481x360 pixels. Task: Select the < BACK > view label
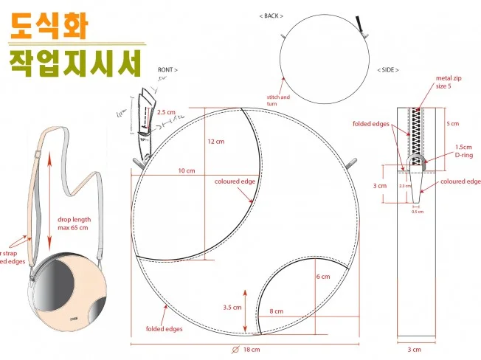click(272, 15)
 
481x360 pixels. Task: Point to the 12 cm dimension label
click(215, 141)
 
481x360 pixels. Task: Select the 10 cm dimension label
click(186, 170)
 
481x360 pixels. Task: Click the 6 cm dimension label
click(323, 276)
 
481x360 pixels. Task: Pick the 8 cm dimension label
click(276, 312)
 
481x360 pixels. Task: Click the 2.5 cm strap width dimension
click(166, 112)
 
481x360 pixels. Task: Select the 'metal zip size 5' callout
click(449, 81)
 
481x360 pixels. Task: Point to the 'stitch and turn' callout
click(278, 100)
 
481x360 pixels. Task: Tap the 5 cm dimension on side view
click(454, 123)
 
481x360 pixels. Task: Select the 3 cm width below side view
click(415, 348)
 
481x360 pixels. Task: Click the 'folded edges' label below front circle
click(164, 329)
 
